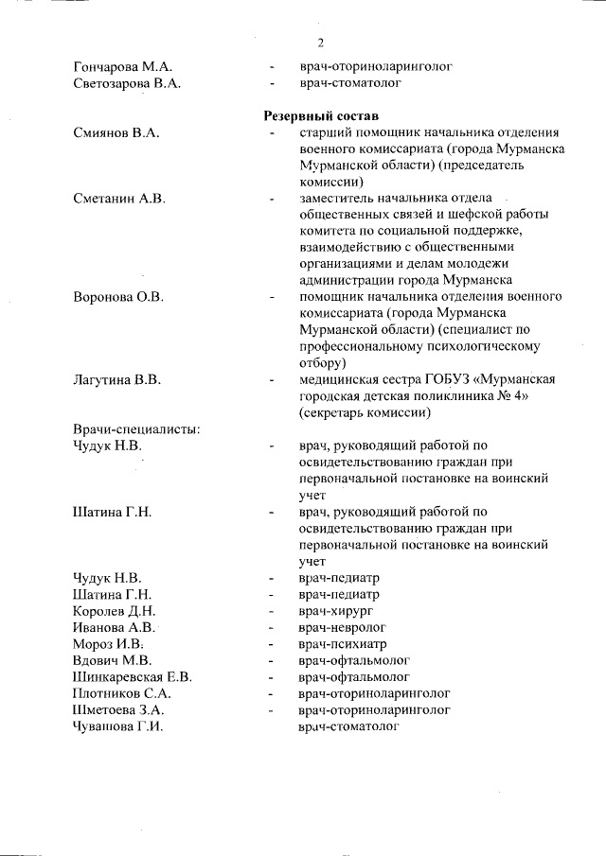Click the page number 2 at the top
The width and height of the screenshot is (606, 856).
point(321,43)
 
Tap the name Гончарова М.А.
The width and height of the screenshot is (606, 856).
point(122,67)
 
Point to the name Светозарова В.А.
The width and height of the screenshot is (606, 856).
point(127,83)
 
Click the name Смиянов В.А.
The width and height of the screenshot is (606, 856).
point(115,133)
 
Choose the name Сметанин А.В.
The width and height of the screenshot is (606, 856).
point(119,198)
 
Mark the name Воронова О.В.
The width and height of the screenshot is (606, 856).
point(119,297)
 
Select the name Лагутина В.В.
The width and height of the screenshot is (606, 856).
point(118,380)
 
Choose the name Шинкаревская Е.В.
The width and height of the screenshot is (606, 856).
point(133,676)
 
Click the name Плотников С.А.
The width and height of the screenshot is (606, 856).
point(122,692)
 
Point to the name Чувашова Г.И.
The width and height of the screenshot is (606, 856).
point(119,725)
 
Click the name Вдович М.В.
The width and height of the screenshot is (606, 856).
point(113,660)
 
